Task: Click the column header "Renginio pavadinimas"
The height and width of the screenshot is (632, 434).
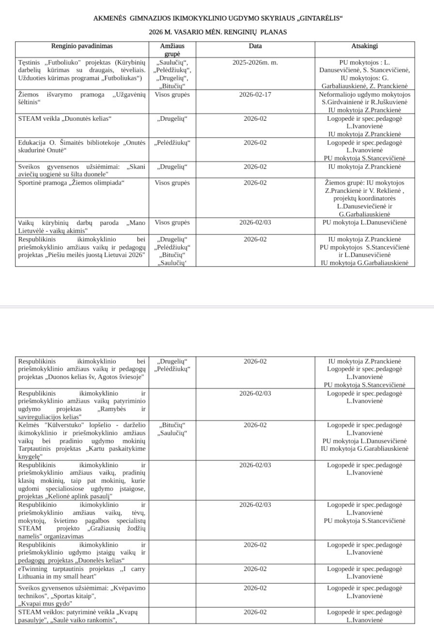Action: [x=82, y=46]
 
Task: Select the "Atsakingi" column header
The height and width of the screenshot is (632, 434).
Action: [x=364, y=46]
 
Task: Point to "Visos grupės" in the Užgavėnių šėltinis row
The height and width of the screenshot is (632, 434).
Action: [x=172, y=95]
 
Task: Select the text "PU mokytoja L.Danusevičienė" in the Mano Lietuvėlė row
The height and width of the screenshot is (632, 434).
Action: [x=364, y=222]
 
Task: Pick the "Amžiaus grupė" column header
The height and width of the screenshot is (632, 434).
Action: [x=172, y=49]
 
